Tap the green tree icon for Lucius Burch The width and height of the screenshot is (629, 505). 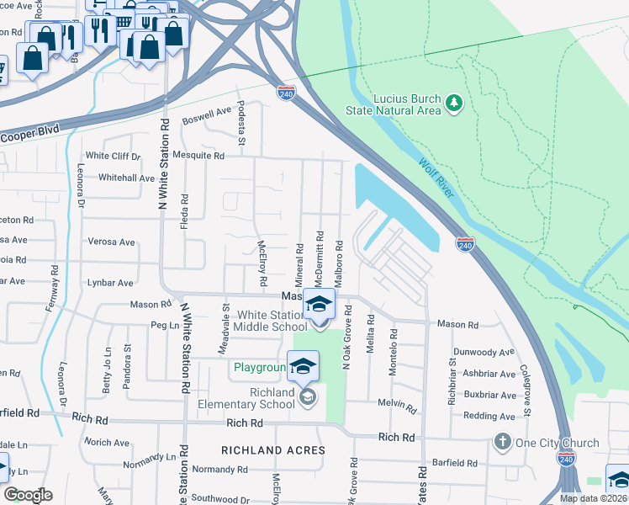455,103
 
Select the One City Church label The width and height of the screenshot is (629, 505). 557,443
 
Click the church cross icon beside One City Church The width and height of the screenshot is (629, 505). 503,442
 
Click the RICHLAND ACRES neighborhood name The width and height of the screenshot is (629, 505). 272,450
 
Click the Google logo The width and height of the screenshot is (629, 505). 28,494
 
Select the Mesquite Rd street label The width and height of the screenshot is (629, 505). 198,156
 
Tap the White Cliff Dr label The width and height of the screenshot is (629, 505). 113,156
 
